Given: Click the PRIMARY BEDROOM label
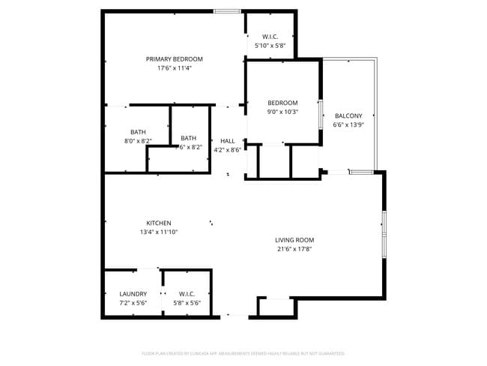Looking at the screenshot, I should point(174,58).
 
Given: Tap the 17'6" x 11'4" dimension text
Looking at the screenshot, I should point(174,68).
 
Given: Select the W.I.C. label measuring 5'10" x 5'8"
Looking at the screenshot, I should point(270,37).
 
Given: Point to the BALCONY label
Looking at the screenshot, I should point(348,115).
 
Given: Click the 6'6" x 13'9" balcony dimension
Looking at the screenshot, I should point(348,124).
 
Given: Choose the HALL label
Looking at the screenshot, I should point(228,140).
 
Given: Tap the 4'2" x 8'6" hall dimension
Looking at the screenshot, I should point(228,149).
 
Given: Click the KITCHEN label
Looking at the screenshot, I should point(159,223).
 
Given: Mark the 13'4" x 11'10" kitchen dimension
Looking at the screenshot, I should point(159,232).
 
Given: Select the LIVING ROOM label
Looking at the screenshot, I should point(294,240).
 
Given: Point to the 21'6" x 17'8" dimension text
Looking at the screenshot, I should point(294,249).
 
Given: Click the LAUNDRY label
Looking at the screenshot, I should point(133,293).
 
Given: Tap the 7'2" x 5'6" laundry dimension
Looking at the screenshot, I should point(133,302).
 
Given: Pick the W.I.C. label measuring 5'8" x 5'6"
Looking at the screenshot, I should point(187,293).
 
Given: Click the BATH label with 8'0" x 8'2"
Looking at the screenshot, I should point(138,131).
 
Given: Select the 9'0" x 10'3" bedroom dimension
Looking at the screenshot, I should point(283,112).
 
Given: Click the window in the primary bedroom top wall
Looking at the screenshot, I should point(227,11).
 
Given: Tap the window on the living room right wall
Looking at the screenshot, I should point(384,235).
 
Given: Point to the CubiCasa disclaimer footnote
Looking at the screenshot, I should point(243,352).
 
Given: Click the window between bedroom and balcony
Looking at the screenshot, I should point(321,117).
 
